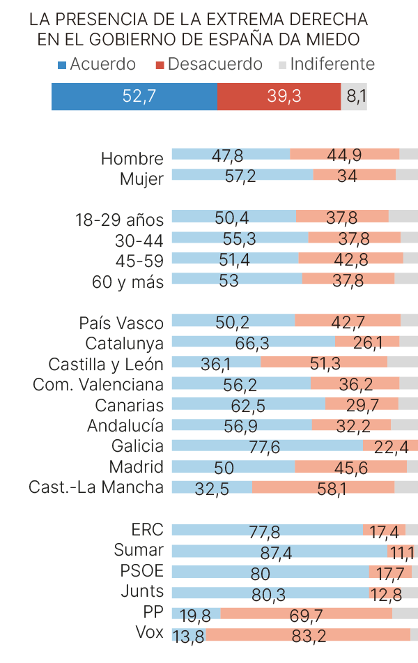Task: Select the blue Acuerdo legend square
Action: tap(62, 65)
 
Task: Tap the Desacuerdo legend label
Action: tap(215, 64)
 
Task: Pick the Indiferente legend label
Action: tap(332, 64)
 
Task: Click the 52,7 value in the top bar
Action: tap(139, 96)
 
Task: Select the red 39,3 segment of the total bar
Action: tap(279, 96)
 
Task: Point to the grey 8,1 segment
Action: tap(355, 96)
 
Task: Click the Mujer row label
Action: tap(141, 178)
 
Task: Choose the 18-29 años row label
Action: tap(119, 220)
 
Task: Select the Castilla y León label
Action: tap(106, 364)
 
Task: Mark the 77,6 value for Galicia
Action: tap(264, 446)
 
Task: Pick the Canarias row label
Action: tap(129, 405)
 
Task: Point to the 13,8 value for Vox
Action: tap(188, 635)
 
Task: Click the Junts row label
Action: tap(142, 591)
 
